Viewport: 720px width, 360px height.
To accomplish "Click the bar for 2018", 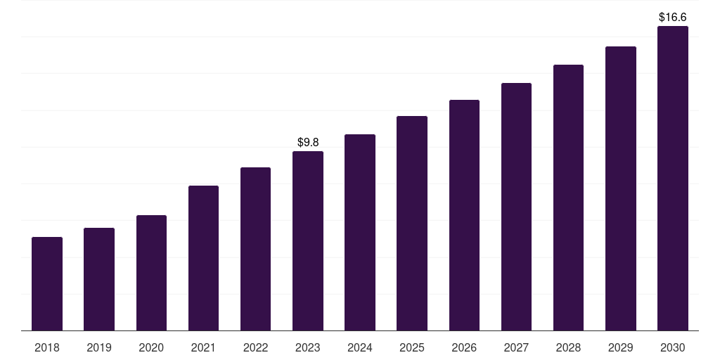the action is tap(47, 284).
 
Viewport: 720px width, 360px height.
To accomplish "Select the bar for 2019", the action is tap(99, 279).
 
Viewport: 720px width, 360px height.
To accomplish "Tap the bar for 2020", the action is tap(152, 273).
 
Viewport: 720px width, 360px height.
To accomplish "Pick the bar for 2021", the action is tap(203, 258).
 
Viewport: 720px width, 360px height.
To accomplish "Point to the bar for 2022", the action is tap(255, 249).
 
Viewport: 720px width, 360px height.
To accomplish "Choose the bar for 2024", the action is tap(360, 232).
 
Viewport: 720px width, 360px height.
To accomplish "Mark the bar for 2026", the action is tap(464, 215).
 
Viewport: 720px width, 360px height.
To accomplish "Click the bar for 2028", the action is tap(568, 198).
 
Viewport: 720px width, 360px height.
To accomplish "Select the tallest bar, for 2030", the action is tap(673, 178).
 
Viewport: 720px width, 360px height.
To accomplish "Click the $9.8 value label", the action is tap(308, 142).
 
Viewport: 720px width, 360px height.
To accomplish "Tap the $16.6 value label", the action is tap(673, 18).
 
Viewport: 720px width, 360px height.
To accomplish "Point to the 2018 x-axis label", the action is tap(47, 347).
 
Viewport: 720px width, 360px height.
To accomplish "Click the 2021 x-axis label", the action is tap(203, 347).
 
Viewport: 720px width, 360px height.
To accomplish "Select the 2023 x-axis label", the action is tap(308, 347).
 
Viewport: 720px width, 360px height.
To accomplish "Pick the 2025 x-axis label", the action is tap(412, 347).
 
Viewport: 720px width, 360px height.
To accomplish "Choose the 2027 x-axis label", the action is tap(516, 347).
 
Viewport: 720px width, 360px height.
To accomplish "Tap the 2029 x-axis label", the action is tap(621, 347).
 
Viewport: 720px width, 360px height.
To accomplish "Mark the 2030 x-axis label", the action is tap(673, 347).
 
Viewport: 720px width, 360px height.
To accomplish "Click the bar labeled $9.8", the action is tap(308, 240).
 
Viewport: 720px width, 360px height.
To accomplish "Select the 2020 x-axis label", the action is tap(151, 347).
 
